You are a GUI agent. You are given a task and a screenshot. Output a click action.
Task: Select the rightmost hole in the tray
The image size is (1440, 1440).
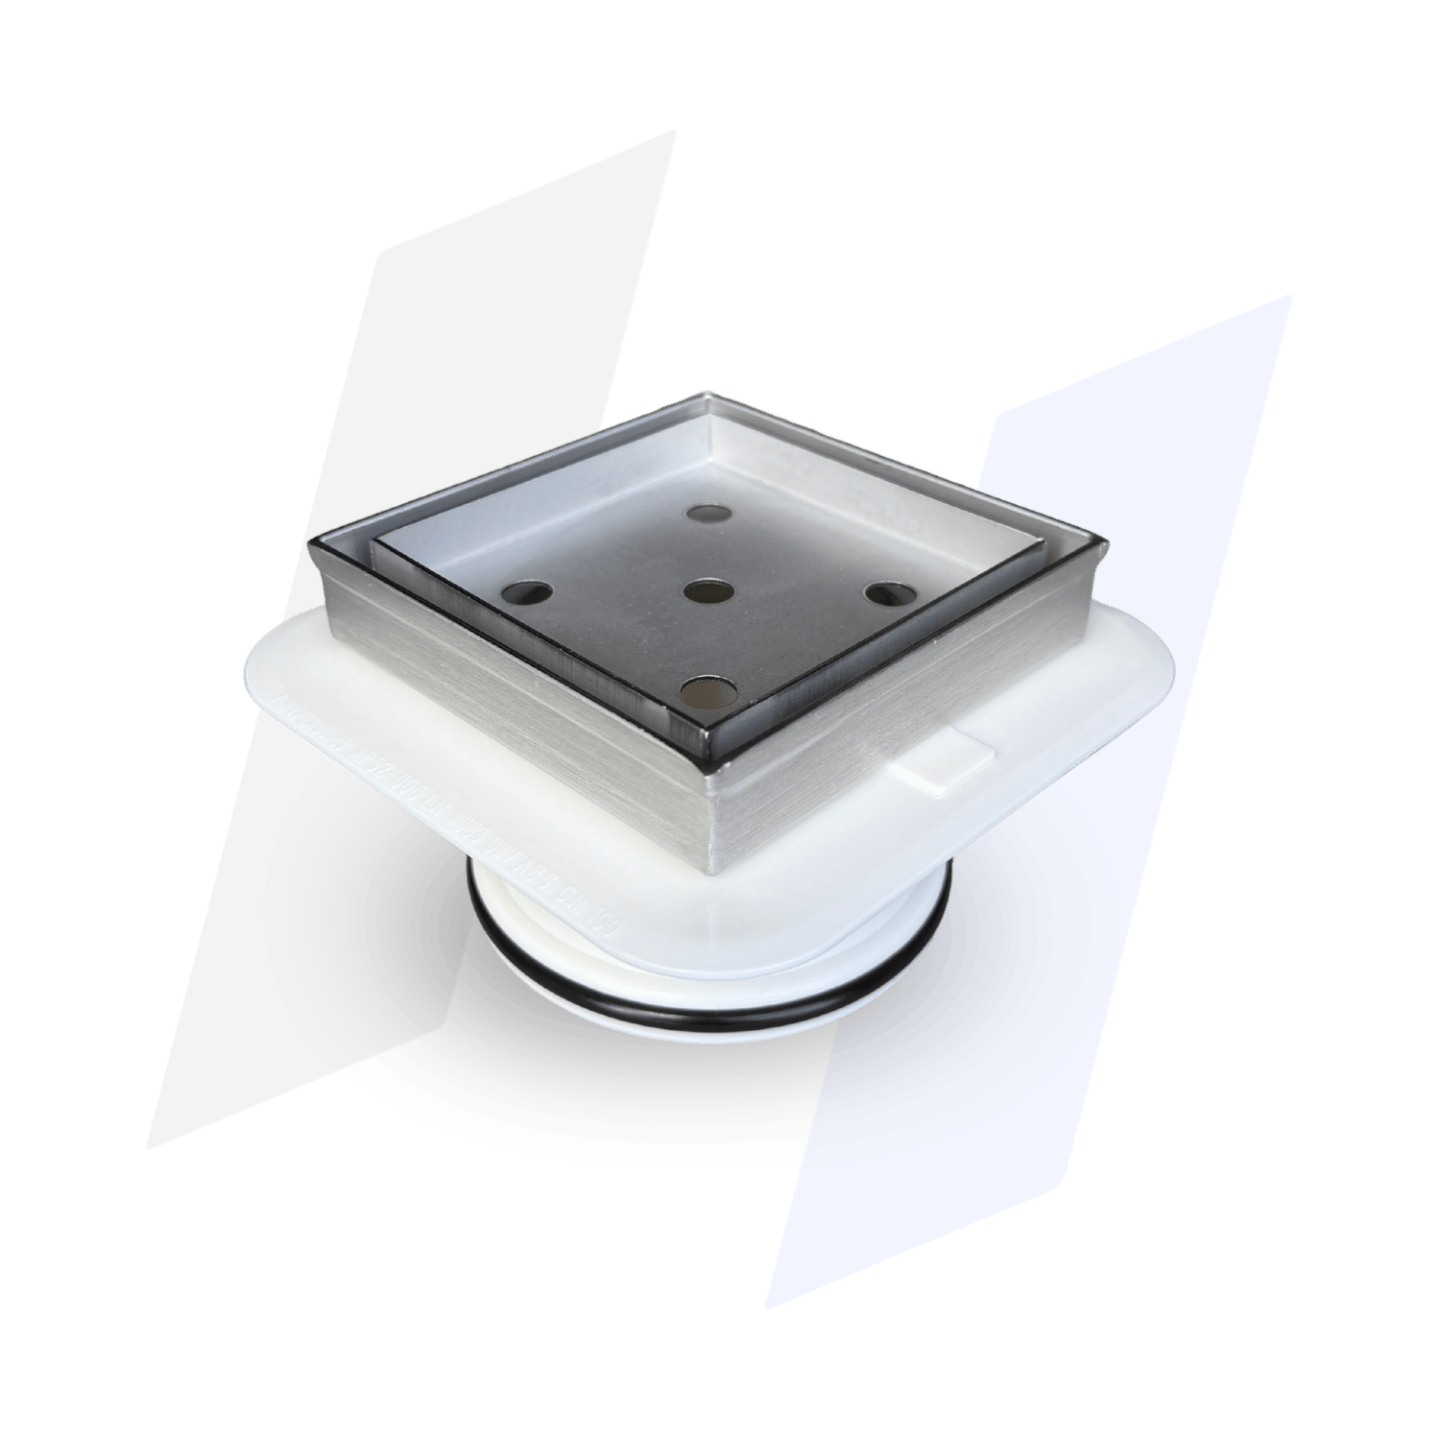[x=887, y=593]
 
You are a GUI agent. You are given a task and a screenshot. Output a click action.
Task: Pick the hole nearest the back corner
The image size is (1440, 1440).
[x=710, y=514]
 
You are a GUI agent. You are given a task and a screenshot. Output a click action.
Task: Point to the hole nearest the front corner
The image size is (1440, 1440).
[x=707, y=690]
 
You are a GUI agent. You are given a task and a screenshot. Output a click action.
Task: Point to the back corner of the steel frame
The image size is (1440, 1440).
[x=708, y=393]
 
